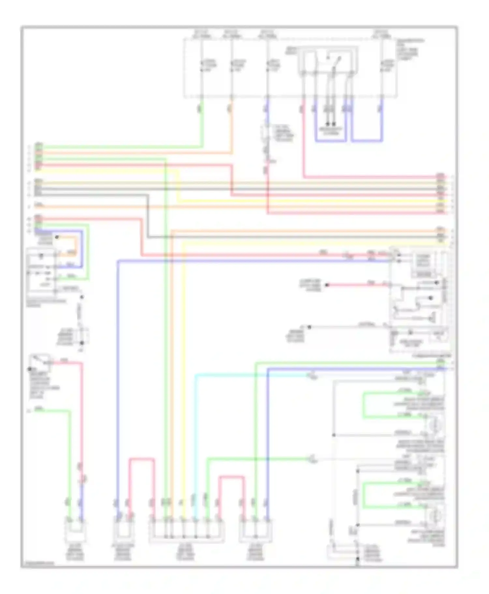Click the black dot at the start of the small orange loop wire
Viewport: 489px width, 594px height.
[57, 237]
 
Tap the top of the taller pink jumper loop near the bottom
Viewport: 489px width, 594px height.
[141, 459]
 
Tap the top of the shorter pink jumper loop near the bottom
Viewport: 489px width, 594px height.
[231, 477]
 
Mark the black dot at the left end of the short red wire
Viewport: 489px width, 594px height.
[327, 285]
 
